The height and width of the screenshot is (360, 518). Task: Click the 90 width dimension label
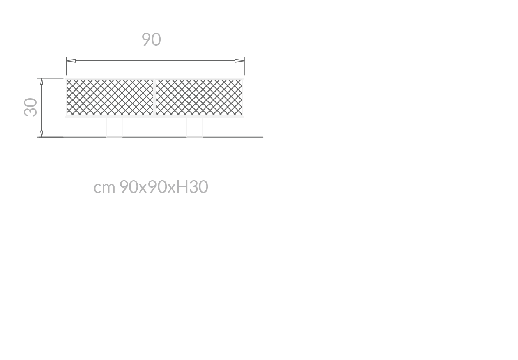(151, 39)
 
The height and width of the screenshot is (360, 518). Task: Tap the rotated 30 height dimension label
(30, 107)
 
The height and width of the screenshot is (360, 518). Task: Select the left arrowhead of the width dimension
(71, 61)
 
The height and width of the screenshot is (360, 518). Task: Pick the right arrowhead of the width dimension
(239, 61)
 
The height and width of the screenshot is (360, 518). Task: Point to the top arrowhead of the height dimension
(41, 81)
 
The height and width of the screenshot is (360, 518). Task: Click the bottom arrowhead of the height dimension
(41, 134)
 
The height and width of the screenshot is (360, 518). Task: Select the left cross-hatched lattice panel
(110, 98)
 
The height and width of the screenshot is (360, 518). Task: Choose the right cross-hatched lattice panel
(199, 98)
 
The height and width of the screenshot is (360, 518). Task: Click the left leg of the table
(114, 127)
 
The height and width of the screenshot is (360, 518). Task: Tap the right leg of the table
(195, 127)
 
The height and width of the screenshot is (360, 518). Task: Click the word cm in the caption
(104, 188)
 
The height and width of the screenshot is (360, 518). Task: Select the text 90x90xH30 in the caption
(164, 186)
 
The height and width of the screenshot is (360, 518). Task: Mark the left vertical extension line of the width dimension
(66, 66)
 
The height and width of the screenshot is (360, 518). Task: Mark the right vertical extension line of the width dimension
(244, 66)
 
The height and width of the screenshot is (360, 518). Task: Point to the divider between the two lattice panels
(154, 98)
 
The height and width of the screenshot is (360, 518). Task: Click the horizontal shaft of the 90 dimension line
(155, 61)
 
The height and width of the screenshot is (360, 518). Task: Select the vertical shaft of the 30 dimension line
(41, 108)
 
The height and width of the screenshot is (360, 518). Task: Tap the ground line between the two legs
(154, 137)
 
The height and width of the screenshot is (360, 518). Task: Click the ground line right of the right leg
(233, 137)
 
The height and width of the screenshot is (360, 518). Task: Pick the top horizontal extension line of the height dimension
(50, 78)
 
